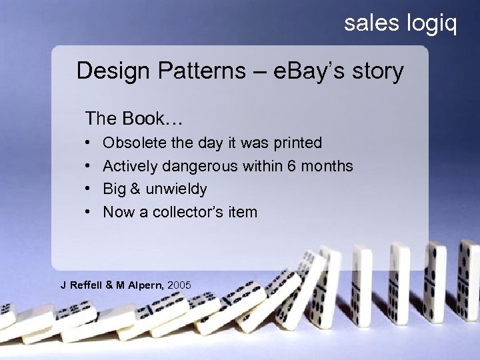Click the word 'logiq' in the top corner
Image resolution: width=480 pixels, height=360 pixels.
431,24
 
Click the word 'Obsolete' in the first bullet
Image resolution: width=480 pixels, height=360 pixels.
134,143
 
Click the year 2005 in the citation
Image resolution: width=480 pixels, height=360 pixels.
179,285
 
